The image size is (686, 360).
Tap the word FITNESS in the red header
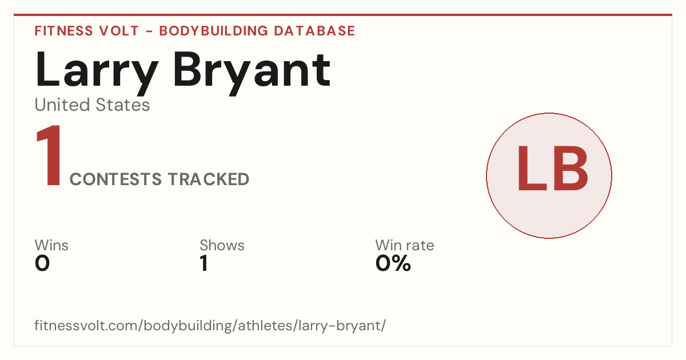[63, 31]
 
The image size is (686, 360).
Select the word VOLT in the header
[119, 31]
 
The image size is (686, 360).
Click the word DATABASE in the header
[314, 31]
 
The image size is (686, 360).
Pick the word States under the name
[123, 105]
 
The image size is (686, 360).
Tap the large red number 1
[49, 155]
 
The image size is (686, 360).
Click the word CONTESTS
[115, 179]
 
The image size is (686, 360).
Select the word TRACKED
[209, 179]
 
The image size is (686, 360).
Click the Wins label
[51, 245]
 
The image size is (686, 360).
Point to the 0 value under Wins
[42, 263]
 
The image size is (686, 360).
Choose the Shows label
[222, 245]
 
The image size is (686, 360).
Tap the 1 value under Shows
[204, 263]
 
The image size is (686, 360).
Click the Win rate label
[405, 245]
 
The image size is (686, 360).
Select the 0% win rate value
[393, 263]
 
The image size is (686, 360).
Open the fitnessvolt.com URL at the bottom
[210, 325]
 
